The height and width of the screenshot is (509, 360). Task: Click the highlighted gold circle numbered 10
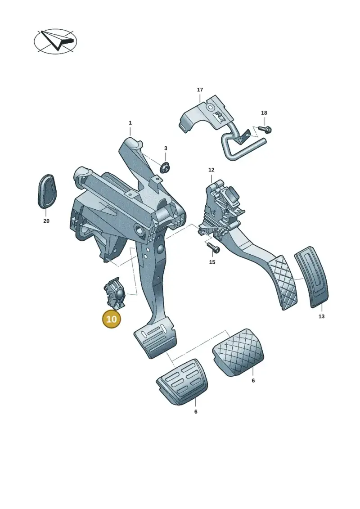point(111,319)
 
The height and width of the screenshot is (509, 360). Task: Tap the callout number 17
point(200,90)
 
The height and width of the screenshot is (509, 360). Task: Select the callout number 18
point(264,113)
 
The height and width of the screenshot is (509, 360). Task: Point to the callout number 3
point(166,148)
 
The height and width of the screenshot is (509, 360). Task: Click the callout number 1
point(130,123)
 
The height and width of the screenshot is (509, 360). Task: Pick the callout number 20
point(46,221)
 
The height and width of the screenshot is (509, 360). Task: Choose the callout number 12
point(211,170)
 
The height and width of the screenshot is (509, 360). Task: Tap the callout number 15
point(212,262)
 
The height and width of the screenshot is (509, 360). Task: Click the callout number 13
point(321,316)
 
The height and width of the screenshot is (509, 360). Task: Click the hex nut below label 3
point(166,167)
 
